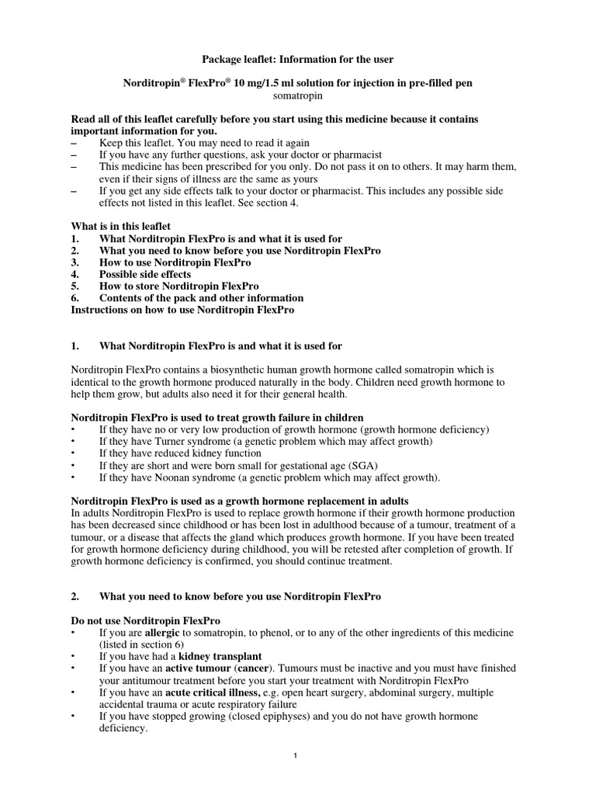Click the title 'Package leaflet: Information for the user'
pos(297,59)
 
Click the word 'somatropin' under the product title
pos(297,96)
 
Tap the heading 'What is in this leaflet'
pos(120,226)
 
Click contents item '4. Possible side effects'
pos(145,274)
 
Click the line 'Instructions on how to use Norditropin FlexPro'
pos(182,310)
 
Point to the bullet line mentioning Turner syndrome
pos(265,441)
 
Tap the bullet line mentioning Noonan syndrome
pos(269,477)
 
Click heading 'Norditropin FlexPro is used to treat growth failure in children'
pos(217,418)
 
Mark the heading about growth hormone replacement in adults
pos(240,501)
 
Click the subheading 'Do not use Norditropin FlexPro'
pos(146,620)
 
